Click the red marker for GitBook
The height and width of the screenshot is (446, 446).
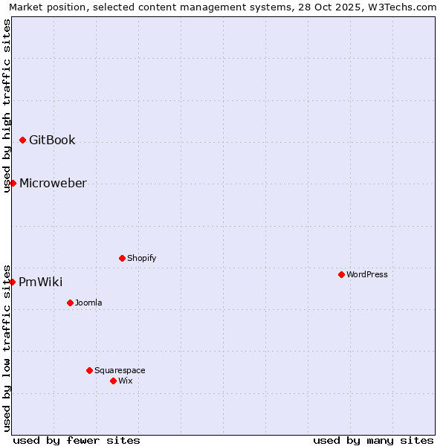[x=23, y=140]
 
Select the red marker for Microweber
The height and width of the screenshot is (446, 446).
[x=13, y=183]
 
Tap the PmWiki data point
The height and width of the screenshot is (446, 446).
[x=13, y=282]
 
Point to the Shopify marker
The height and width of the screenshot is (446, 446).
[x=122, y=258]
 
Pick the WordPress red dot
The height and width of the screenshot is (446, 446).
[x=341, y=274]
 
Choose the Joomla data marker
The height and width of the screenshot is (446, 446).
[x=70, y=303]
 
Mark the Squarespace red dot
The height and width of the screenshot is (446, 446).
[x=89, y=370]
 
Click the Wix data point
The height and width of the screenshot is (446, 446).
[x=113, y=381]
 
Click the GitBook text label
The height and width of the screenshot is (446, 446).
[x=52, y=140]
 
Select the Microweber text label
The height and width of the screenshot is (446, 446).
[x=53, y=183]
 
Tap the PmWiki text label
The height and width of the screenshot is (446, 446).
[x=40, y=282]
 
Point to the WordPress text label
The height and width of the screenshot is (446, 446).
[x=366, y=274]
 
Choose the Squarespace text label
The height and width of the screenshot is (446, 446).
[x=120, y=370]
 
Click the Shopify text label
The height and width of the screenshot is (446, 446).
[x=141, y=258]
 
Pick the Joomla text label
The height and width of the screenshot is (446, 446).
[x=88, y=303]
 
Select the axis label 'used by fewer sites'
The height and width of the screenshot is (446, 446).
[x=77, y=440]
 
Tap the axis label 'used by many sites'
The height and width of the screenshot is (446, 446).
[x=373, y=440]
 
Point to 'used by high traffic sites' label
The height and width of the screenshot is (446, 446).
[x=7, y=106]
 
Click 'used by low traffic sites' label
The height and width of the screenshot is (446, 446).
[x=7, y=347]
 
